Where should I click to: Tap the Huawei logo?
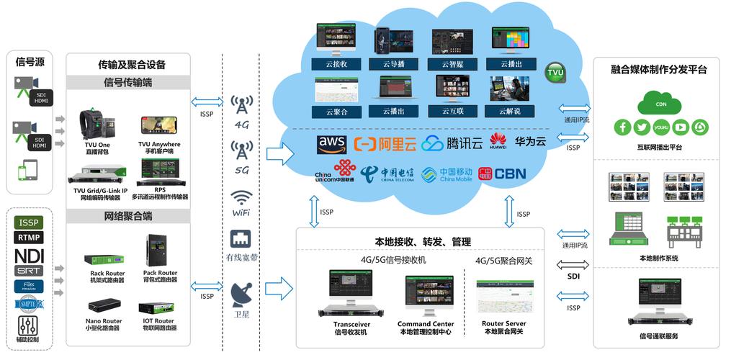coord(498,141)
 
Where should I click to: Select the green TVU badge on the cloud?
coord(555,73)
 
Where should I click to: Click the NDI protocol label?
coord(30,255)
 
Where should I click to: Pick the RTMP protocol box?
coord(30,237)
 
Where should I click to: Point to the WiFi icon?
coord(241,198)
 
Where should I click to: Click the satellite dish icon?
coord(241,292)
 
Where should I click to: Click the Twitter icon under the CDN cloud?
coord(642,127)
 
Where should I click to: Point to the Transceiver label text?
coord(351,324)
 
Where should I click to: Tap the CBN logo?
coord(510,174)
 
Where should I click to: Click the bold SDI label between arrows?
coord(573,276)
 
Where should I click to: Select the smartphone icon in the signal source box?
coord(27,171)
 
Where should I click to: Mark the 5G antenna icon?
coord(241,151)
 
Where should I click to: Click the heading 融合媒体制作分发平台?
coord(658,70)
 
